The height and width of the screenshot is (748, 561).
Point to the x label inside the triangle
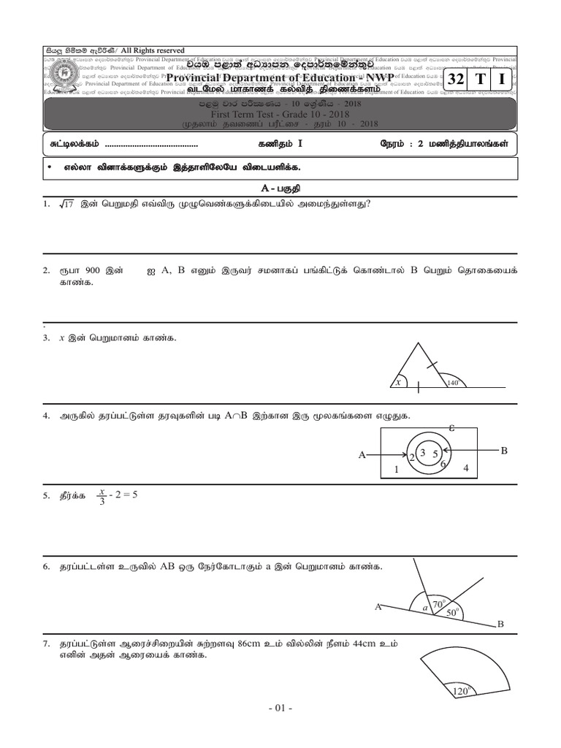point(398,381)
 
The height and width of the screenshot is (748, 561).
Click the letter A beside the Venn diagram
point(361,455)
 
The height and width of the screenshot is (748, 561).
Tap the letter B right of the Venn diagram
point(503,451)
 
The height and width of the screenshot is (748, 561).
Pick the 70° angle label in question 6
point(439,605)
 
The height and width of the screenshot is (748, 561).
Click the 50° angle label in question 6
point(452,613)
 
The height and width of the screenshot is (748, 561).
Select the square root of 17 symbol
point(67,205)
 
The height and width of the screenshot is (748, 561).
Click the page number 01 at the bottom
point(280,709)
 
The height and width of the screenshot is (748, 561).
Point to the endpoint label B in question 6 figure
point(500,624)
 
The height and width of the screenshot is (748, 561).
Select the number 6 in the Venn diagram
point(443,464)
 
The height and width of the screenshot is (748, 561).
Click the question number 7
point(45,644)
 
